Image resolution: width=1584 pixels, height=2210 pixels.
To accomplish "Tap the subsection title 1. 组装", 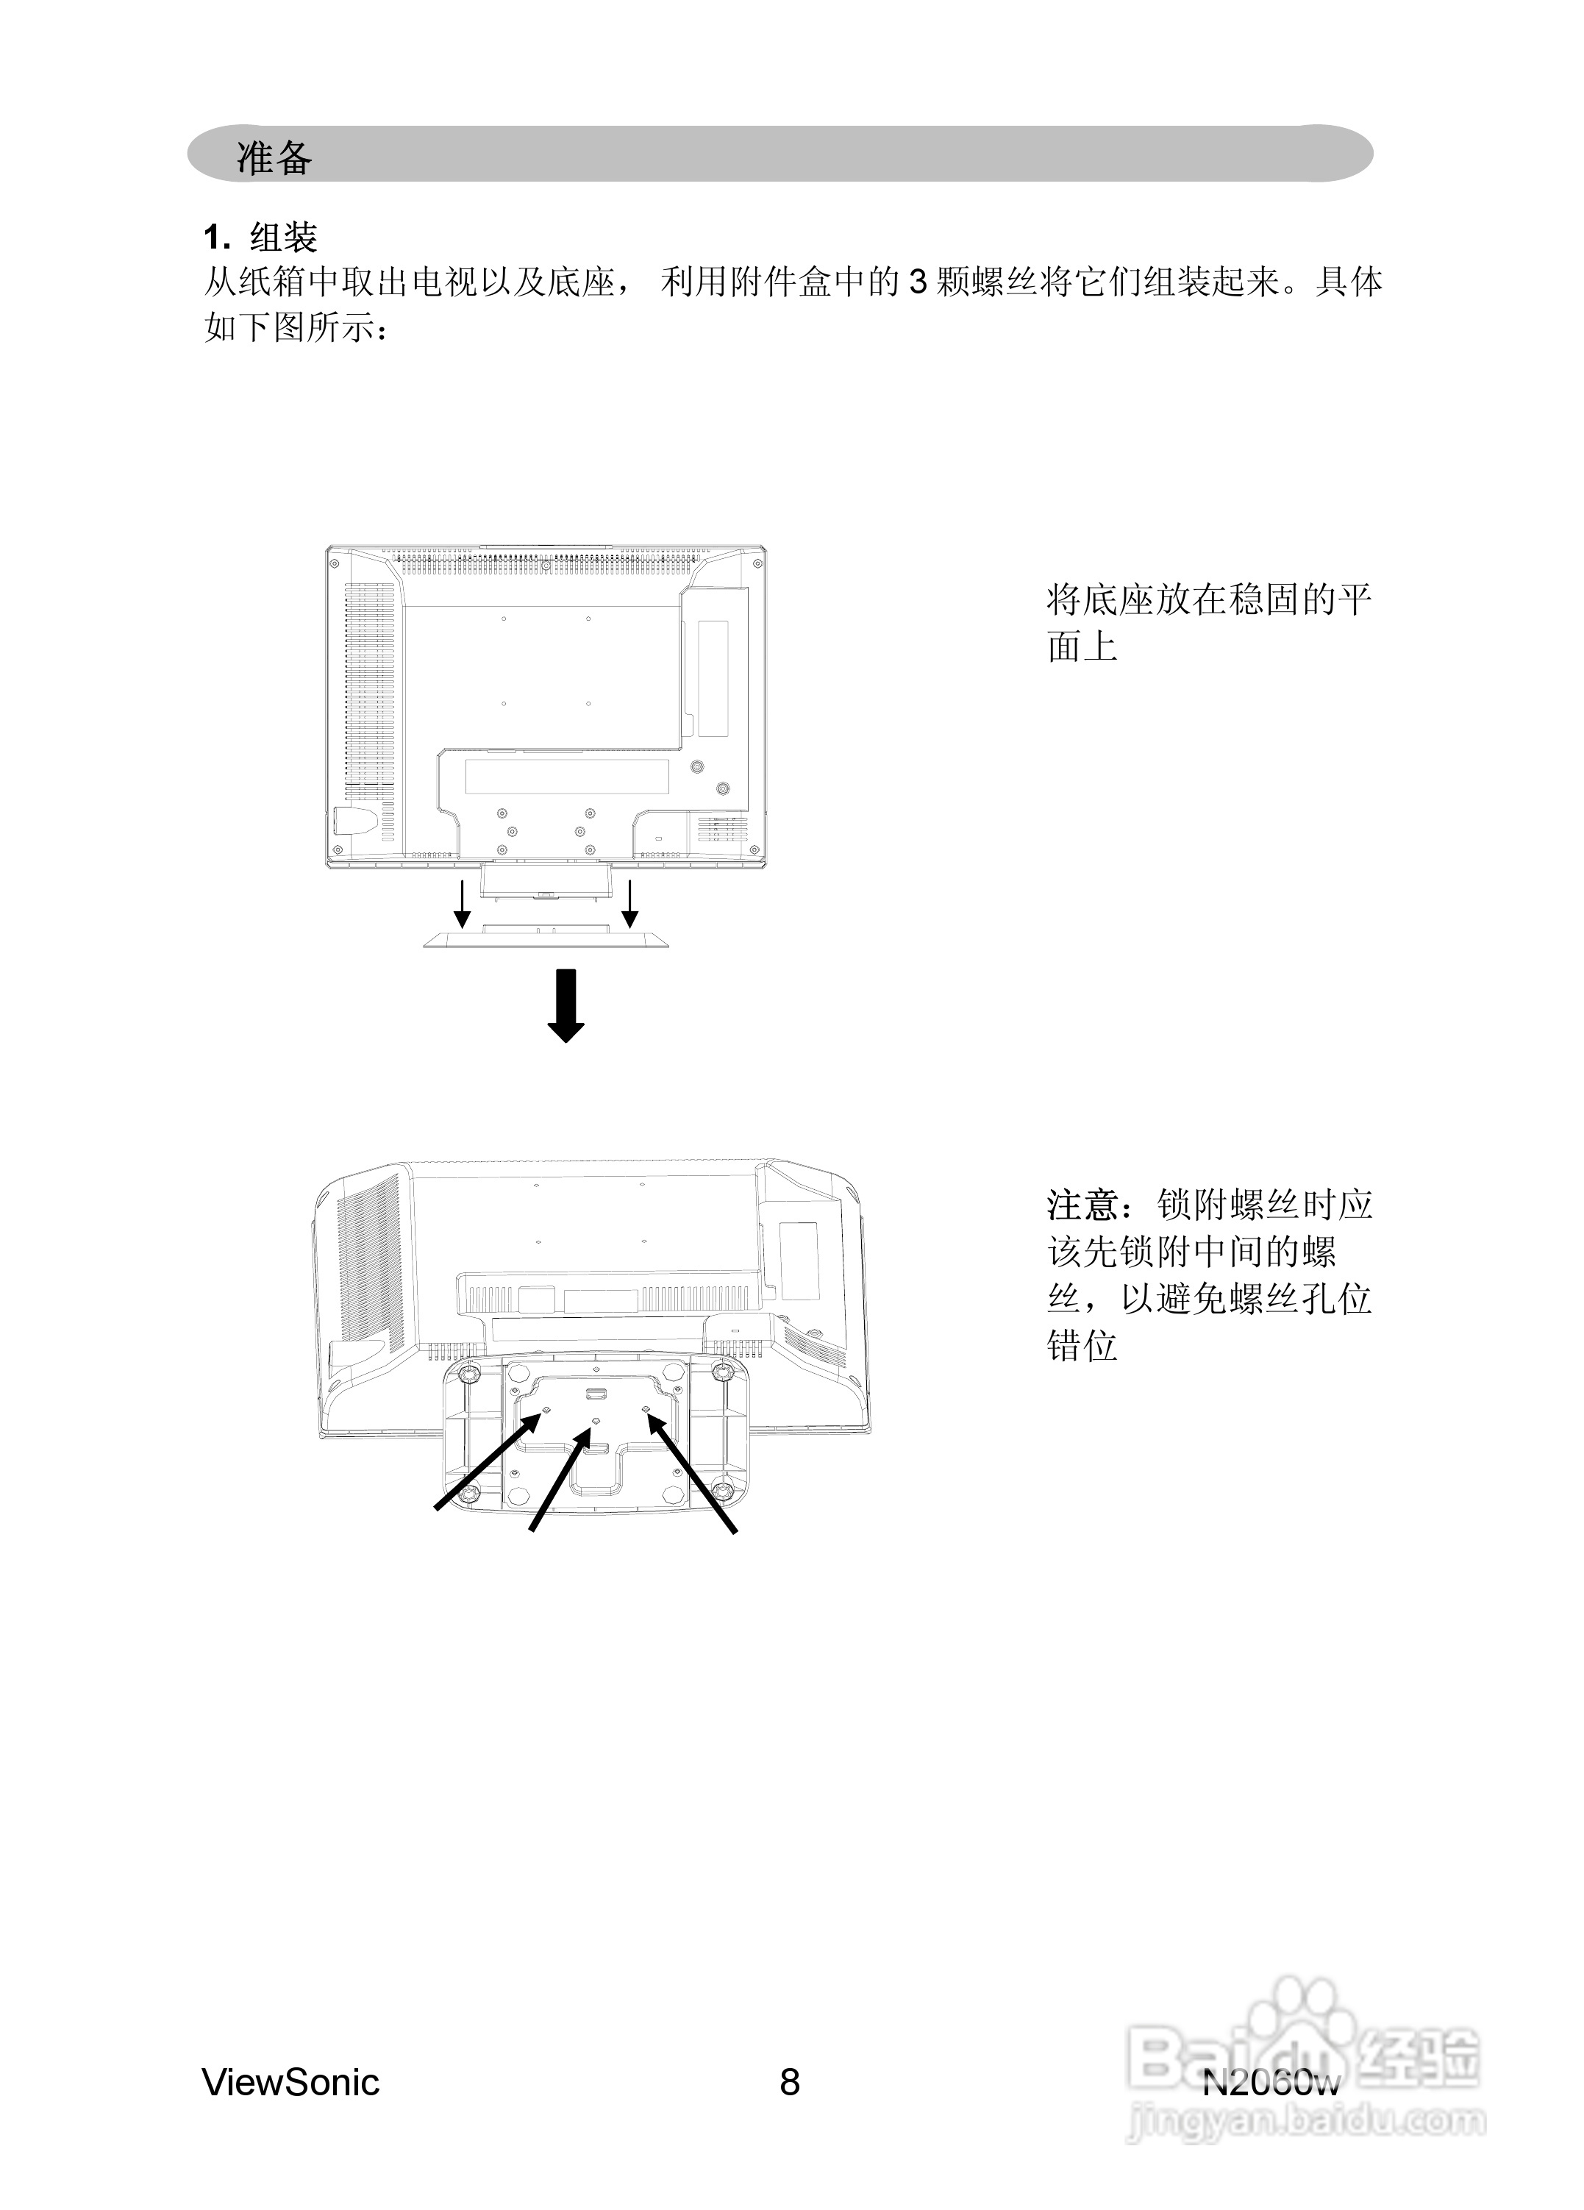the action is pyautogui.click(x=260, y=237).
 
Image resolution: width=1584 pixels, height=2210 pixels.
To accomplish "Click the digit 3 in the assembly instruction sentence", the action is pyautogui.click(x=917, y=282).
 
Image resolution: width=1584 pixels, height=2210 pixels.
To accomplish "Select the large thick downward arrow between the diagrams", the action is pyautogui.click(x=566, y=1005).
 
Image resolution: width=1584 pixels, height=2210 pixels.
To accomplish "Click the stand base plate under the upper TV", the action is pyautogui.click(x=546, y=938).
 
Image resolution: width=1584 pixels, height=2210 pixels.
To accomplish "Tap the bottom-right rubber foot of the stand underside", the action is pyautogui.click(x=722, y=1492).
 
